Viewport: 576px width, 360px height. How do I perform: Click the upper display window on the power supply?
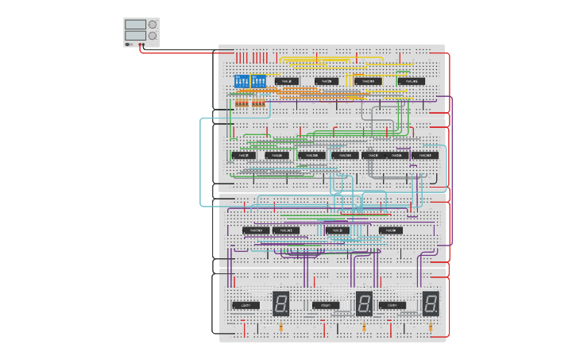click(134, 25)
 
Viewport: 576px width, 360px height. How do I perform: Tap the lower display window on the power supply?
click(134, 36)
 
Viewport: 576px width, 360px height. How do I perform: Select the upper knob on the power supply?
click(152, 25)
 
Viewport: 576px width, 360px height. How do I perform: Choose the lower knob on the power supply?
click(152, 36)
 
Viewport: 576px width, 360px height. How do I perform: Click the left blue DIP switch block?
click(242, 81)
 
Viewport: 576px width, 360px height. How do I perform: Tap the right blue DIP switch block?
click(258, 81)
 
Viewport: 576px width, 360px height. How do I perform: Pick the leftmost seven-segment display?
click(280, 303)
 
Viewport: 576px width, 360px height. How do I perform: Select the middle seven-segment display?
click(364, 303)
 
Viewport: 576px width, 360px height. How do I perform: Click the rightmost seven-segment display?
click(430, 303)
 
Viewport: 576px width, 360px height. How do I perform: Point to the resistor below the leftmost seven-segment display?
click(280, 327)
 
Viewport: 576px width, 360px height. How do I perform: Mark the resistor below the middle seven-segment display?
click(364, 327)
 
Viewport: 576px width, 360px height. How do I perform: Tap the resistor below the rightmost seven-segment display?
click(430, 327)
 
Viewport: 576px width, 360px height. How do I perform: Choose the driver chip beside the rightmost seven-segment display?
click(394, 305)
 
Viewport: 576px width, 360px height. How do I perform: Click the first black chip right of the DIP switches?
click(287, 81)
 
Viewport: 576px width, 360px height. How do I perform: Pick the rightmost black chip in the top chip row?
click(411, 81)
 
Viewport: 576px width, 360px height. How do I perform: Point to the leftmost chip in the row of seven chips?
click(244, 155)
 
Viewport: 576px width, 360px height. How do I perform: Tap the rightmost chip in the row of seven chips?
click(425, 155)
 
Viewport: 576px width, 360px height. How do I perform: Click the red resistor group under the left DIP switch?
click(242, 103)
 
